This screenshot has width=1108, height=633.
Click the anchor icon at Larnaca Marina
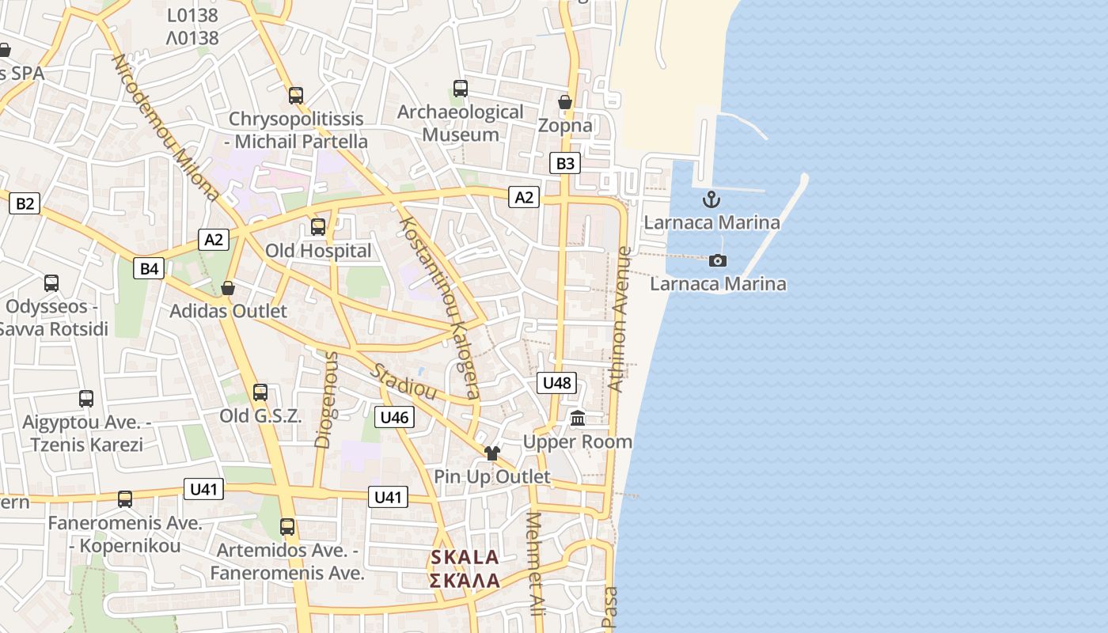[x=711, y=199]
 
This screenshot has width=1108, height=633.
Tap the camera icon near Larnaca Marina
[x=718, y=260]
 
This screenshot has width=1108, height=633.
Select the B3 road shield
[x=565, y=164]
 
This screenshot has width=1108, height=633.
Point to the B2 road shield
[x=25, y=203]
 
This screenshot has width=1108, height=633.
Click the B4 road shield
[x=150, y=268]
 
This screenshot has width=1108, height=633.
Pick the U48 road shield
[x=557, y=383]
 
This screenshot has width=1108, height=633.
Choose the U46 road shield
[x=394, y=417]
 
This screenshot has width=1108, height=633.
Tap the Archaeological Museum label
[x=460, y=123]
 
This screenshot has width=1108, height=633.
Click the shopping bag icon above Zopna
[x=565, y=102]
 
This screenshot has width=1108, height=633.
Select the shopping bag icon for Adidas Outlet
[x=228, y=288]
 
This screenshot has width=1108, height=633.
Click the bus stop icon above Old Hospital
[x=318, y=227]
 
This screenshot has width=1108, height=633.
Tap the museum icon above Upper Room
[x=578, y=419]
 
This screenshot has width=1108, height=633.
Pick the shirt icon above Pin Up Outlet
[x=492, y=453]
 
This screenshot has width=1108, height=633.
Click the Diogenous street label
[x=325, y=400]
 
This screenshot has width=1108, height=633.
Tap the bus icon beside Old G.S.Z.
[x=260, y=392]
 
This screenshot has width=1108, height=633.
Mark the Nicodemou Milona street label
[x=165, y=127]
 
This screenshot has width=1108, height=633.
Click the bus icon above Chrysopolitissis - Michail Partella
[x=296, y=96]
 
